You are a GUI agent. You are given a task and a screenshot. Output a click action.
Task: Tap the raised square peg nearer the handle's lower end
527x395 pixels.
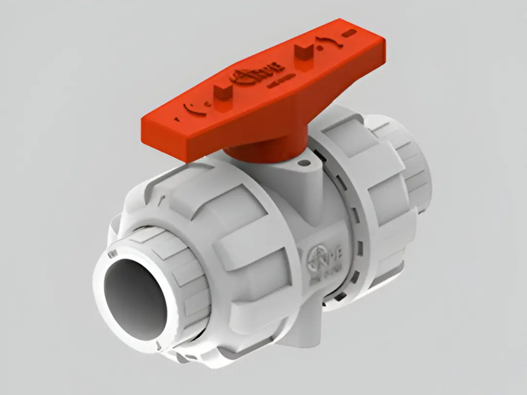point(223,92)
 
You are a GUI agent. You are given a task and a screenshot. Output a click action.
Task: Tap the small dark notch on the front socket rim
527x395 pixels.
point(113,253)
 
